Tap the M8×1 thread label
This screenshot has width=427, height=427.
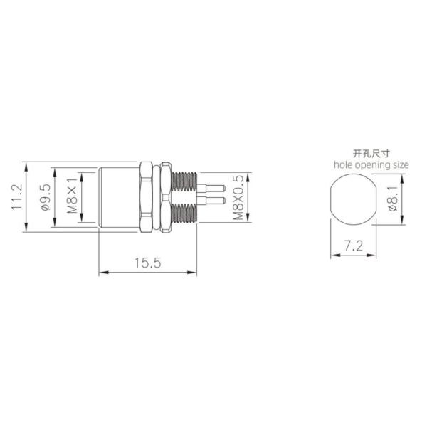[71, 197]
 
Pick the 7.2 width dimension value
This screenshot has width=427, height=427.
[354, 246]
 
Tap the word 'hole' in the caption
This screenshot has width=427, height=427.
[344, 164]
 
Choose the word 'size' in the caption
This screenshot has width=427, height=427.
[401, 164]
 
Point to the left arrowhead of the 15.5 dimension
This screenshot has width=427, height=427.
[101, 271]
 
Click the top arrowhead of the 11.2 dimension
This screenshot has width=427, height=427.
[26, 166]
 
